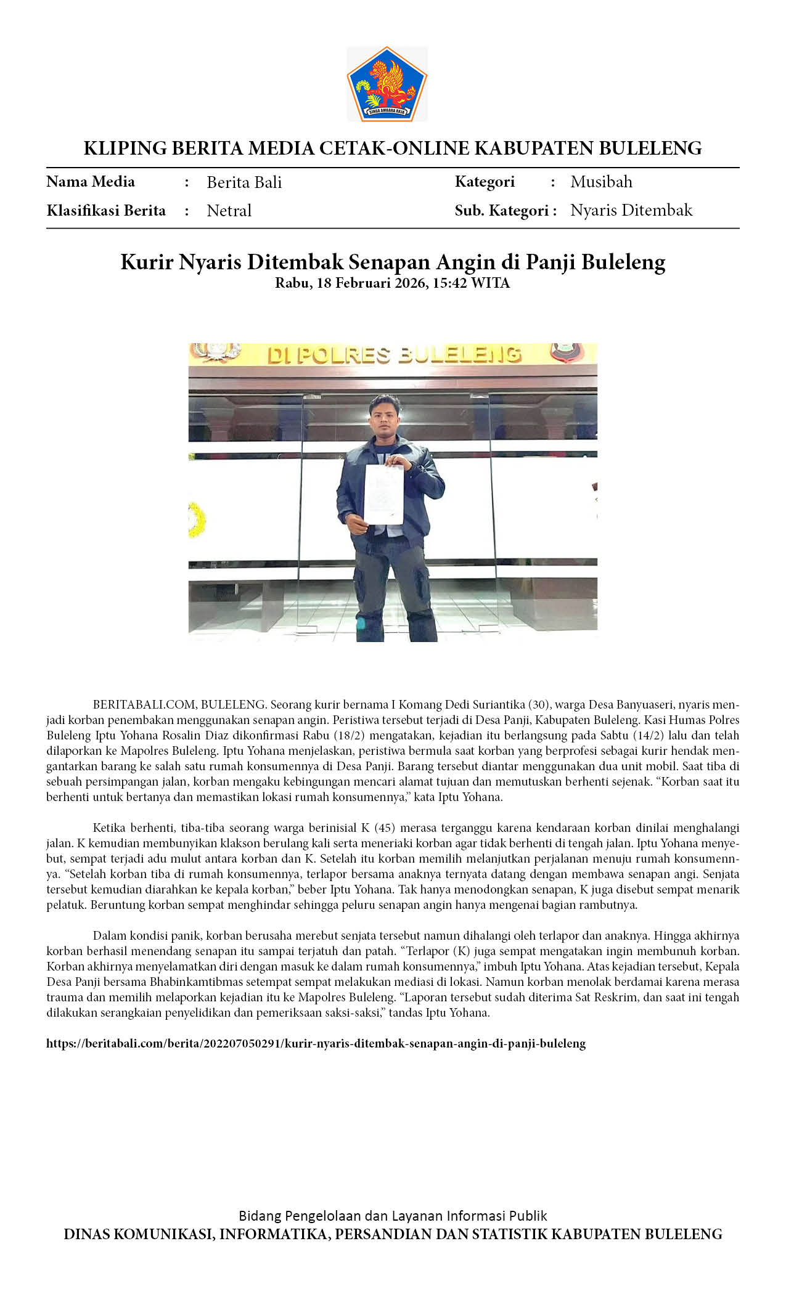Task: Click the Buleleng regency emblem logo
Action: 387,84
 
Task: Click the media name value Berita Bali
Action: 244,182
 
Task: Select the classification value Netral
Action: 229,211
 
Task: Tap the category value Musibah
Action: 601,182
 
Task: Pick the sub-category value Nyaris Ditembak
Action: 631,210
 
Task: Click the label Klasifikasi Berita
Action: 106,211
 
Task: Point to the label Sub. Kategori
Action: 506,211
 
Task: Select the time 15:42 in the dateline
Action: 449,283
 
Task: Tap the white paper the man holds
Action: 383,494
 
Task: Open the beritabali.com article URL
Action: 316,1043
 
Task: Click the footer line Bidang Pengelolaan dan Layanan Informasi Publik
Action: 393,1216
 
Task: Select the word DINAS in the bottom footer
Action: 87,1234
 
